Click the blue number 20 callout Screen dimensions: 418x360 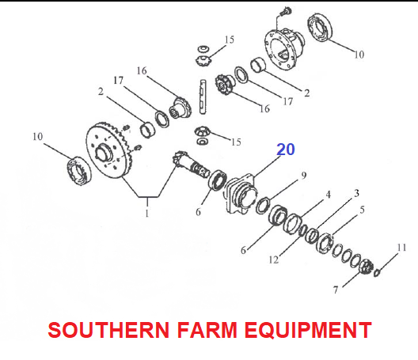pos(286,150)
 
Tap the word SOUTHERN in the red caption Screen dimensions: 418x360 pos(108,330)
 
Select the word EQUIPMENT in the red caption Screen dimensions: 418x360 pos(308,330)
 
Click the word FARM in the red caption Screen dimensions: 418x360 pos(207,330)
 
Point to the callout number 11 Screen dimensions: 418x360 pos(401,248)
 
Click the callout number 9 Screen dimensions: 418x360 pos(304,176)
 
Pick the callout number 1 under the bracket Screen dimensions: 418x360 pos(147,213)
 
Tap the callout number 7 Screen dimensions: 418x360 pos(336,290)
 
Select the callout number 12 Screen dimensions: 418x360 pos(274,260)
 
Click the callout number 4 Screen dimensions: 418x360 pos(329,195)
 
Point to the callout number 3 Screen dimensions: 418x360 pos(356,193)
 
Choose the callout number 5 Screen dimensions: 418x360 pos(362,210)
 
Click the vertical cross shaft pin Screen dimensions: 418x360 pos(203,97)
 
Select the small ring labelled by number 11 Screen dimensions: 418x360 pos(376,273)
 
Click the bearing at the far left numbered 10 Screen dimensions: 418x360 pos(78,171)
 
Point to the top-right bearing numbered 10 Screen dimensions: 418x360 pos(320,27)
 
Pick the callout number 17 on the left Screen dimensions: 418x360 pos(119,80)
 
